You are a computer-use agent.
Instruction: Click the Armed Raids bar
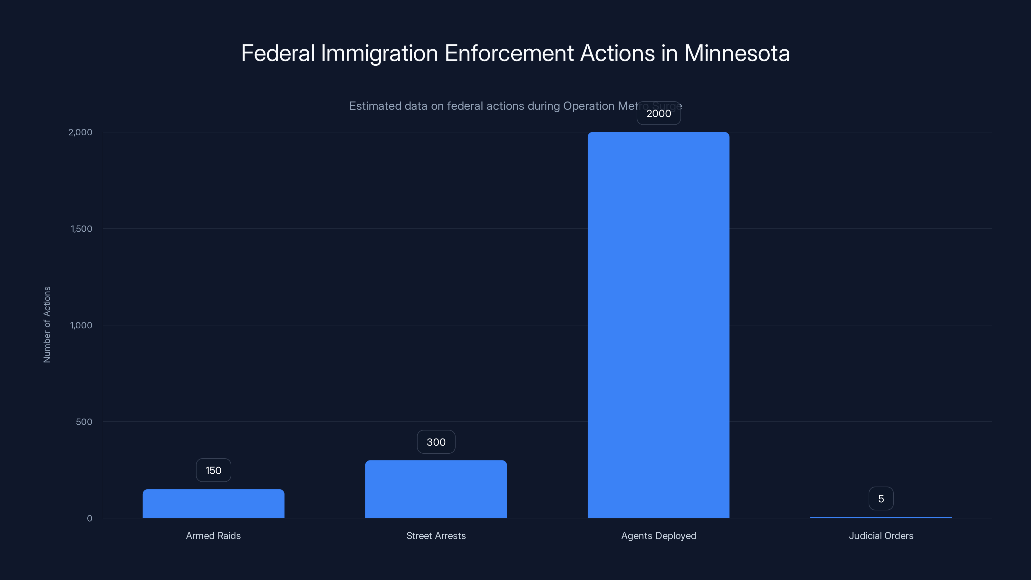213,504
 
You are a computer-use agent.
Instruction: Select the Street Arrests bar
436,489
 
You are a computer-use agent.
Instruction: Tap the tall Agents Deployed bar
658,325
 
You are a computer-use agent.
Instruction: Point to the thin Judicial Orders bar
881,517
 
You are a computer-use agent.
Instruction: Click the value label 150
213,470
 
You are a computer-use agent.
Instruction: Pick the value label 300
436,442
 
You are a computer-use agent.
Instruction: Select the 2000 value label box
658,113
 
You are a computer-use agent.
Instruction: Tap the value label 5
881,499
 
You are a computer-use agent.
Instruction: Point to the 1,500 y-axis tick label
81,228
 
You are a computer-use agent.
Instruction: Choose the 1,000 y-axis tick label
81,325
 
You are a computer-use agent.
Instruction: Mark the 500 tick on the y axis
84,421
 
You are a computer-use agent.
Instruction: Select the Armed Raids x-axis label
213,536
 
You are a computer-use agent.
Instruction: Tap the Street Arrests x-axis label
436,536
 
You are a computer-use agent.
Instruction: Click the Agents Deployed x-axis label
658,536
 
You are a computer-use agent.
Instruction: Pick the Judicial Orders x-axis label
881,536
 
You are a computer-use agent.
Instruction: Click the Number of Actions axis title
47,324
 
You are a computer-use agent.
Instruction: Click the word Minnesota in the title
737,53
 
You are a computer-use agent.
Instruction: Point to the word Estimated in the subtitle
375,106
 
